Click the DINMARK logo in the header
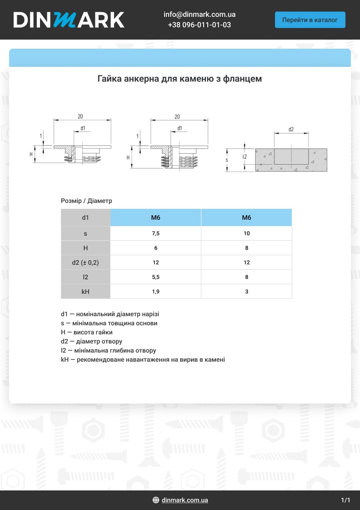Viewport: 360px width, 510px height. tap(69, 20)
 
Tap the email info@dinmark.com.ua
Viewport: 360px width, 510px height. tap(199, 15)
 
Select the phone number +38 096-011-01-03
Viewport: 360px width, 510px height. tap(199, 25)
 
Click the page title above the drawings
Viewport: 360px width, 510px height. tap(180, 79)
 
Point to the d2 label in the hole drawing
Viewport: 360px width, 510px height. tap(291, 130)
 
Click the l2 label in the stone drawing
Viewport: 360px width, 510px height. tap(245, 157)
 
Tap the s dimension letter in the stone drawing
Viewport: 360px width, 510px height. tap(227, 160)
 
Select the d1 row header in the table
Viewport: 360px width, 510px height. tap(85, 217)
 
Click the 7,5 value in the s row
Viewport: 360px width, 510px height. tap(155, 233)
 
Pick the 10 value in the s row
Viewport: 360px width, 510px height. tap(246, 233)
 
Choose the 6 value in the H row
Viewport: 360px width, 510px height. tap(155, 248)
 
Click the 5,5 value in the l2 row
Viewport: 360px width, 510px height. tap(155, 277)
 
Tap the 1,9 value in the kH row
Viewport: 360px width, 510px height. tap(155, 292)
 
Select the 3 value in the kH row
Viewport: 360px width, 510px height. tap(246, 292)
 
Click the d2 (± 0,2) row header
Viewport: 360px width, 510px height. tap(85, 263)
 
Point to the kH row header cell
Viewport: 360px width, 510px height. tap(85, 292)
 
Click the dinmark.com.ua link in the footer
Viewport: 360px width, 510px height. tap(185, 500)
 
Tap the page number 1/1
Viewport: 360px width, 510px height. tap(345, 500)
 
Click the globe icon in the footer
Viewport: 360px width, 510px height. tap(156, 500)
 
